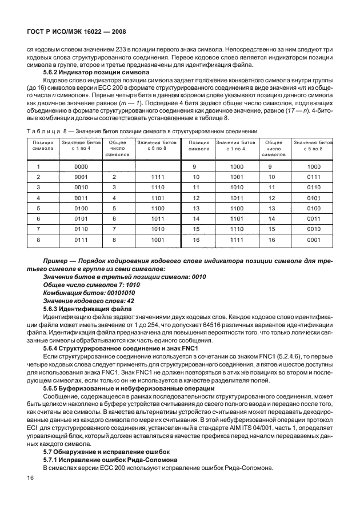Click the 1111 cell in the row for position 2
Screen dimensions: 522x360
tap(158, 177)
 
